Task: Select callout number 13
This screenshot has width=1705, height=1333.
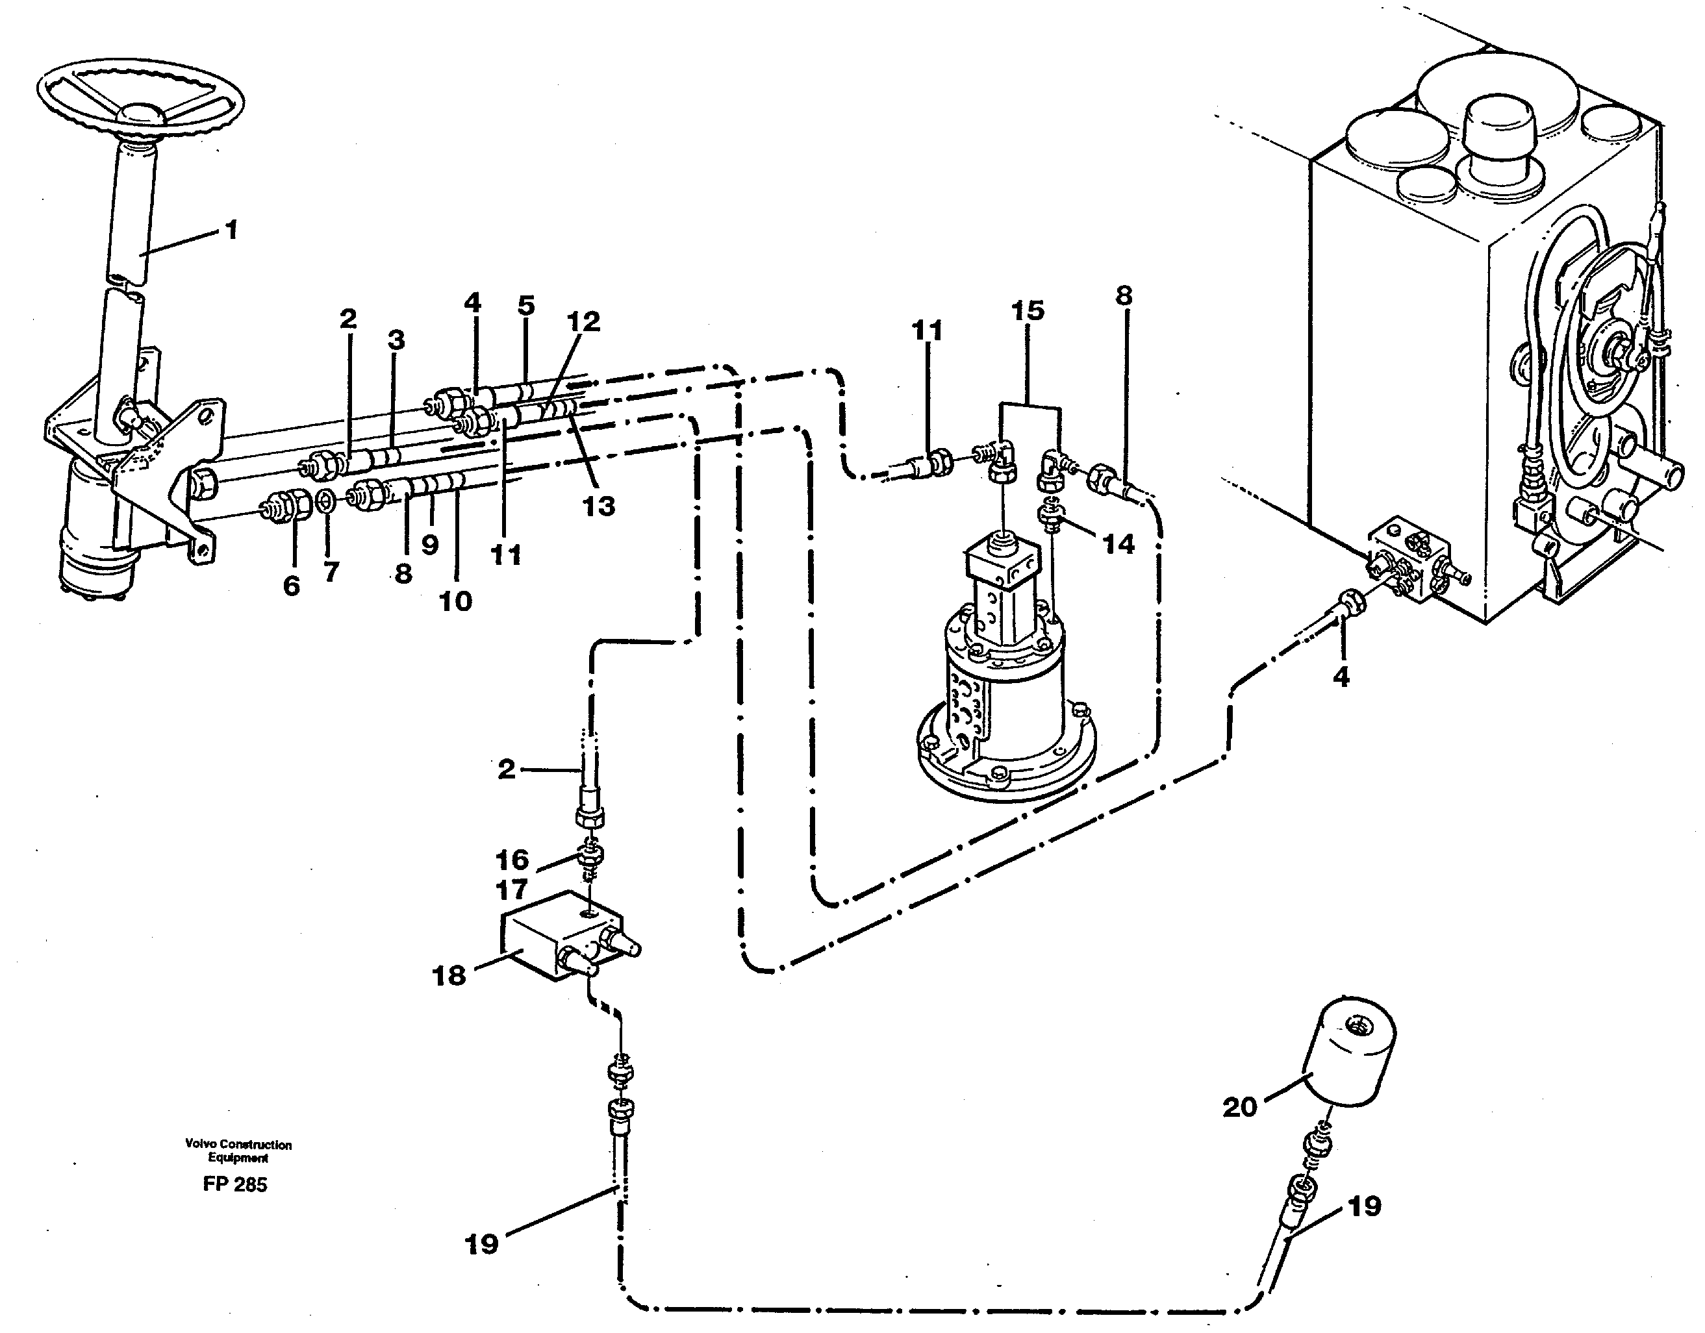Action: click(x=599, y=506)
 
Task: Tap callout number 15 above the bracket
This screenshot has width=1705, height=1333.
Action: click(x=1028, y=310)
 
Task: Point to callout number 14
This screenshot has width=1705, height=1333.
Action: click(x=1118, y=544)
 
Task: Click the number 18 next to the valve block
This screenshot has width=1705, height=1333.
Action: click(x=449, y=975)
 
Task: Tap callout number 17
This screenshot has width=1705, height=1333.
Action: click(x=511, y=889)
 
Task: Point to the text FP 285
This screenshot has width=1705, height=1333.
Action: click(x=235, y=1185)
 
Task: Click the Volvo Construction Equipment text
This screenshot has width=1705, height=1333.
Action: click(x=238, y=1151)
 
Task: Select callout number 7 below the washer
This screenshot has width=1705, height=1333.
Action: click(x=331, y=572)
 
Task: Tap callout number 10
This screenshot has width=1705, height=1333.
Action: click(x=456, y=601)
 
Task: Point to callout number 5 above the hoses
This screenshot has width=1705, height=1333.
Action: click(x=526, y=305)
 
